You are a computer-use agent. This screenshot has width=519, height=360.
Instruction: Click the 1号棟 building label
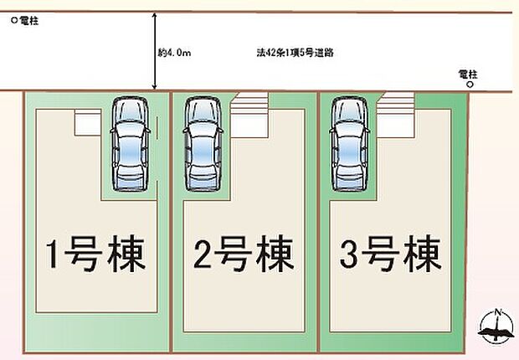coord(95,254)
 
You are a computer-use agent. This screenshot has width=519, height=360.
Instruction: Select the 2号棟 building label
coord(244,254)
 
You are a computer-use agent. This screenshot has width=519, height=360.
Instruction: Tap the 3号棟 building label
coord(391,254)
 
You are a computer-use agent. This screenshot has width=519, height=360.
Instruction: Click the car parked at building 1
coord(130,144)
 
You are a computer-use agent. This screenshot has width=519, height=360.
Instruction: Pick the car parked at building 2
coord(203,144)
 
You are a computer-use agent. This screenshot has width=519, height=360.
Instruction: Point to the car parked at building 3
coord(350,144)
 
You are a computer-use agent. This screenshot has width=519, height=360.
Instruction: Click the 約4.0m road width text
coord(174,53)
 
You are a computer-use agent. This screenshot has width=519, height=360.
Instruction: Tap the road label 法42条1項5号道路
coord(295,53)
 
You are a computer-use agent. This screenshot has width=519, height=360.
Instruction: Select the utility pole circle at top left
coord(14,21)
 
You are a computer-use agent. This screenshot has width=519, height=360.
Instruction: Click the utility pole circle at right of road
coord(470,85)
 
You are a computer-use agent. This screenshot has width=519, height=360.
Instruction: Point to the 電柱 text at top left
coord(29,21)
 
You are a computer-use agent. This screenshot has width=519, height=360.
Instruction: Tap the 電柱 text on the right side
coord(468,75)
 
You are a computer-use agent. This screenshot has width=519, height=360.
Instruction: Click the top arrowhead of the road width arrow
coord(154,14)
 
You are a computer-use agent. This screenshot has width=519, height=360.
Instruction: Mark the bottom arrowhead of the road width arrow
coord(154,87)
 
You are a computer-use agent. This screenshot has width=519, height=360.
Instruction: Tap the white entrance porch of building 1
coord(88,122)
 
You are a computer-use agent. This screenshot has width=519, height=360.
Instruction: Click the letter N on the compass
coord(497,312)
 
